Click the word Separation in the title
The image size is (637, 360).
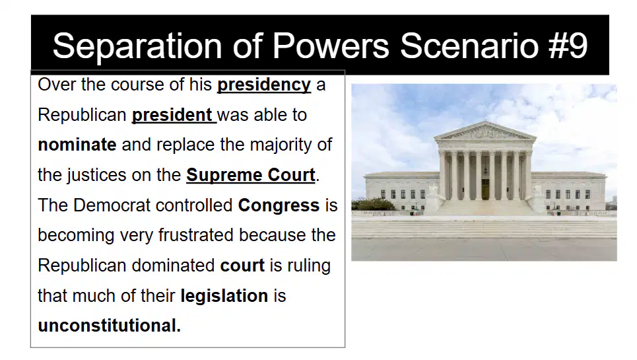tap(137, 46)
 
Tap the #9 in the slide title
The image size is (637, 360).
tap(568, 46)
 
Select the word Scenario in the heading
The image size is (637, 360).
tap(469, 46)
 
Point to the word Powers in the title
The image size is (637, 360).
tap(331, 46)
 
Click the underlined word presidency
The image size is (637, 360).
tap(264, 85)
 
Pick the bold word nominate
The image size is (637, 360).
tap(77, 145)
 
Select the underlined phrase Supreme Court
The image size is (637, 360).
tap(251, 175)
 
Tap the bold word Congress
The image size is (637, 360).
tap(279, 205)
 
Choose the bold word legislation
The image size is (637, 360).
tap(224, 296)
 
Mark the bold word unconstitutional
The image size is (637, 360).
tap(110, 326)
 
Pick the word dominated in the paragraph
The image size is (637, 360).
tap(173, 266)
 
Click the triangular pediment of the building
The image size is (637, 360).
tap(485, 131)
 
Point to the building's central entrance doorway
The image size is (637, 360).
tap(485, 189)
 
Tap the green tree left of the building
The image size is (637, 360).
tap(372, 203)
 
